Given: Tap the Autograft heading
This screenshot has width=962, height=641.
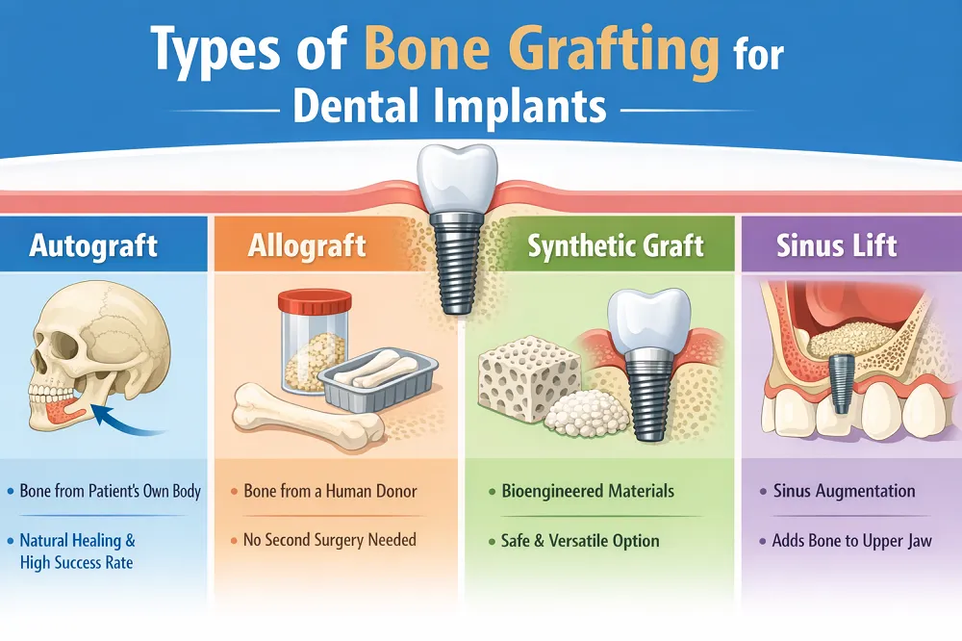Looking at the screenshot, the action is click(93, 245).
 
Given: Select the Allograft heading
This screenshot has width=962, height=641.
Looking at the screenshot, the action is click(307, 245).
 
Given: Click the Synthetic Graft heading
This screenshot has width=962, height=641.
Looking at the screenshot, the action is click(616, 246).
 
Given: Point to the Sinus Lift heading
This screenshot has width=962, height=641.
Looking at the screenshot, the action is click(837, 245).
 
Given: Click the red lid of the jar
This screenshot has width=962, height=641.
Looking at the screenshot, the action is click(315, 302).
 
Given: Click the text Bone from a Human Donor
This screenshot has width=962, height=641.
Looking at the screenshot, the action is click(330, 491).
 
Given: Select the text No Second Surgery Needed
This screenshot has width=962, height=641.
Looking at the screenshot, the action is click(329, 540).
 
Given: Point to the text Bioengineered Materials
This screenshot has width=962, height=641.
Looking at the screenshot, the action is click(588, 491).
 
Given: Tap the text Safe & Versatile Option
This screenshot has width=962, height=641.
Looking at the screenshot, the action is click(580, 540).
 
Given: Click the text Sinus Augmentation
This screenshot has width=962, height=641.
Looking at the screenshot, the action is click(845, 491).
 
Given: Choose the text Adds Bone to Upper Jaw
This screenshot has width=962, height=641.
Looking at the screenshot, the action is click(852, 541).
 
